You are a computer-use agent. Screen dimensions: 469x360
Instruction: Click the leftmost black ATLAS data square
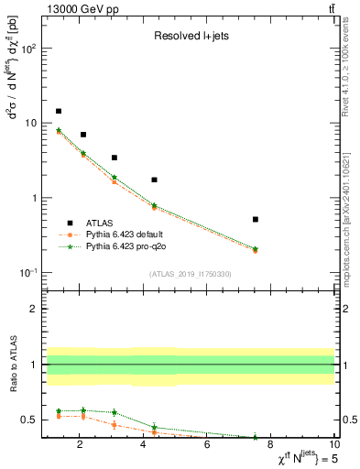pos(59,111)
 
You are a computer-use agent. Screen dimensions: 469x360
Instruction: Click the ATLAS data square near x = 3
pos(115,158)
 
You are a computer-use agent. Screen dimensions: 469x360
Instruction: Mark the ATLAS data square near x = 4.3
pos(154,180)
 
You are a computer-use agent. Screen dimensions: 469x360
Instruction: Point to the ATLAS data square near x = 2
pos(83,135)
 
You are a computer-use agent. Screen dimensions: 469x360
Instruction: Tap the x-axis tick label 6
pos(207,446)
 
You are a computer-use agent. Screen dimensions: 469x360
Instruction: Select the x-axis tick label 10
pos(334,446)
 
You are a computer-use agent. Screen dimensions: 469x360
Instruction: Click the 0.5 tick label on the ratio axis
pos(27,420)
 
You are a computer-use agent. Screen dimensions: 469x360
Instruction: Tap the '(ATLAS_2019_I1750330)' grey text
pos(191,274)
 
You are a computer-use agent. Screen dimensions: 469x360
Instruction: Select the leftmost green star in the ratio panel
pos(59,411)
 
